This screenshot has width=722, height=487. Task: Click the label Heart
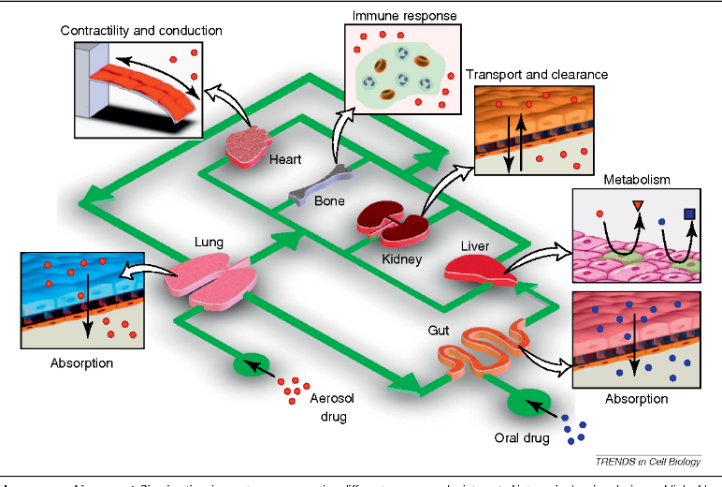click(284, 159)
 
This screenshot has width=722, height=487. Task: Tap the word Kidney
click(402, 258)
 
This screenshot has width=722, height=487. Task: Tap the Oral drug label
click(520, 437)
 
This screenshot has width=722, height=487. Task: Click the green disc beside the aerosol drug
click(253, 365)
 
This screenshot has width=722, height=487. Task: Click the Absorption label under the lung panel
click(82, 362)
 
